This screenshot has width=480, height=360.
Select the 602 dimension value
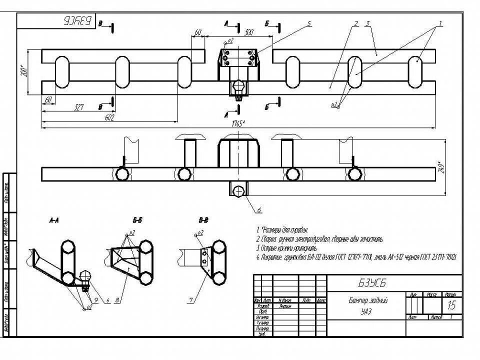[x=109, y=117]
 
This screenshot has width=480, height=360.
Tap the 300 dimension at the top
[x=249, y=32]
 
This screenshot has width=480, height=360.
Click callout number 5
[x=309, y=23]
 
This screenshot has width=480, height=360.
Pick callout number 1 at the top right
[x=440, y=23]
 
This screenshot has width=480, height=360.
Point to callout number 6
[x=259, y=209]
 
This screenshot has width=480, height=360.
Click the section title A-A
[x=55, y=219]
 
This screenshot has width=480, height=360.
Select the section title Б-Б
[x=138, y=219]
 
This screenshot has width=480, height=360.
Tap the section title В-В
[x=203, y=219]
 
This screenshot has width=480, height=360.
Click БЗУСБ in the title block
[x=372, y=283]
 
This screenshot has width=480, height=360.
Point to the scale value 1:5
[x=451, y=305]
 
